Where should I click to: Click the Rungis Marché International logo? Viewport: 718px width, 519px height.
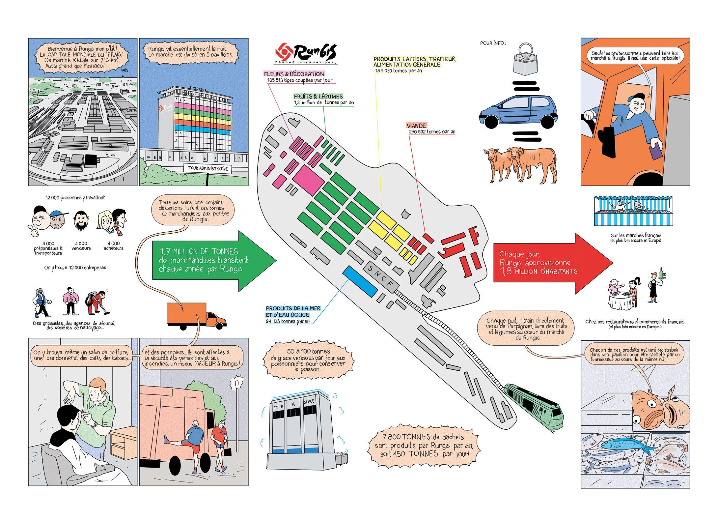(x=306, y=53)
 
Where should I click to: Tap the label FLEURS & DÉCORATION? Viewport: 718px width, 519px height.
(x=294, y=74)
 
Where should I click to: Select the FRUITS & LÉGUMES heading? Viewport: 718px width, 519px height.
(x=318, y=96)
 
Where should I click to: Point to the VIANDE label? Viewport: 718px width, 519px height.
(x=416, y=126)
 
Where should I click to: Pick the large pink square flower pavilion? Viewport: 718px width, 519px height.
(x=308, y=180)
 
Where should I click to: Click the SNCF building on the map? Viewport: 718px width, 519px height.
(x=381, y=278)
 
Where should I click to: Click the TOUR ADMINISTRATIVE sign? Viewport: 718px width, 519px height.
(x=207, y=168)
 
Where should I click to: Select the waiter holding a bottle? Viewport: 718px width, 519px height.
(x=655, y=287)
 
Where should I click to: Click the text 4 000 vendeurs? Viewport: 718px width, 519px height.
(x=81, y=246)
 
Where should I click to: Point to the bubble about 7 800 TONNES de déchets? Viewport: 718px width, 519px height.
(x=423, y=446)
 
